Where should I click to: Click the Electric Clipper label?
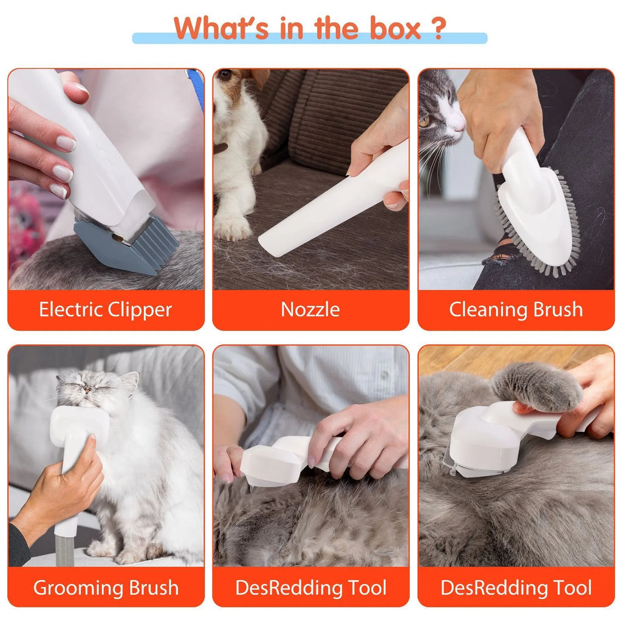106,310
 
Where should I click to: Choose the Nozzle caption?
310,310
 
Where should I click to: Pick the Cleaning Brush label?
516,310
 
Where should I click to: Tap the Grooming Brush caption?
106,587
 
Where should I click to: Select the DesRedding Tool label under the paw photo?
516,587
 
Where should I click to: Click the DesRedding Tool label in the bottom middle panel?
310,587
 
